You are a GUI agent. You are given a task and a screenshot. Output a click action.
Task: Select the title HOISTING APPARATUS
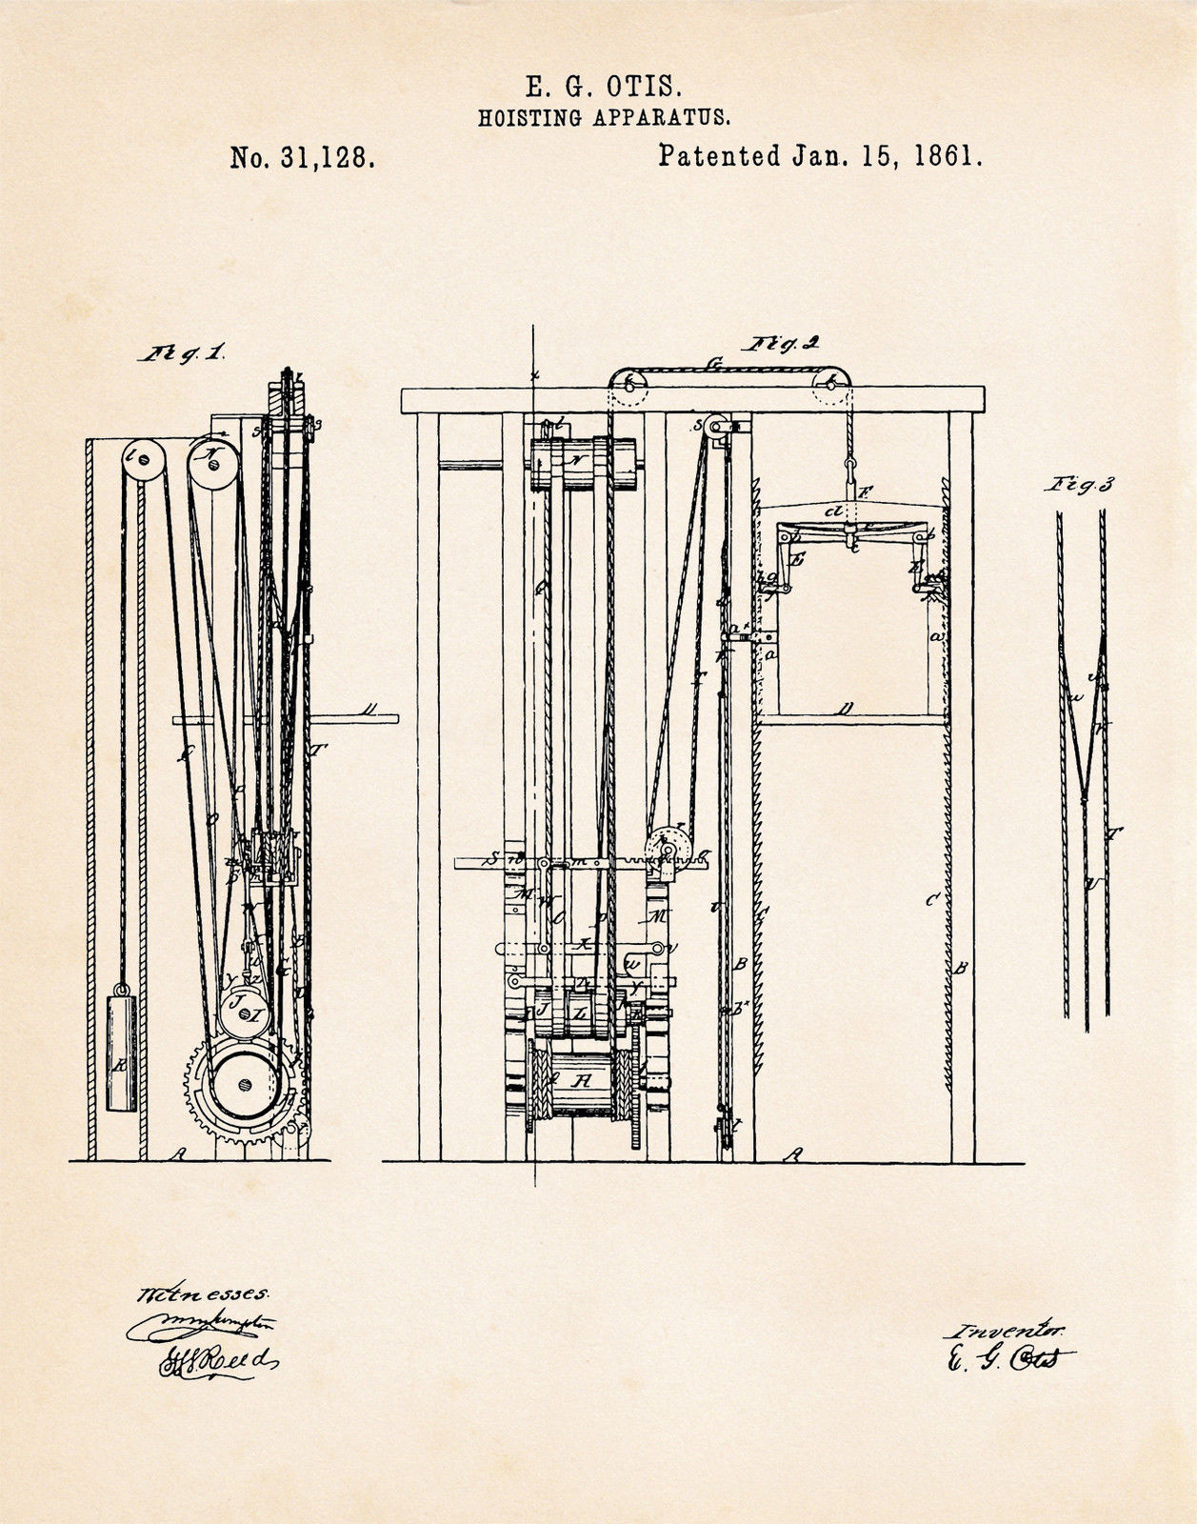(x=604, y=118)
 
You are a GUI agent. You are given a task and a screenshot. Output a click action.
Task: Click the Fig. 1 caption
(x=181, y=353)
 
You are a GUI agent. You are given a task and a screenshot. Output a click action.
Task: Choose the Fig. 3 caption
(x=1079, y=485)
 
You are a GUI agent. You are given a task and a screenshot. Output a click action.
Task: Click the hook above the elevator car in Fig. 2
(x=847, y=470)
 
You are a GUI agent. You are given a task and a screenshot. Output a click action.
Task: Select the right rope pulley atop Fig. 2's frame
(x=832, y=385)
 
